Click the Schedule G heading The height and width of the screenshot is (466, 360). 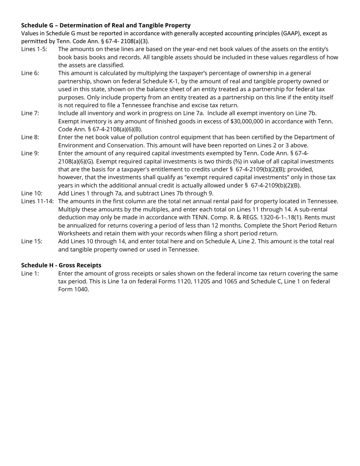point(106,25)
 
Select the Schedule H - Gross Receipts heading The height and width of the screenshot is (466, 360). point(61,265)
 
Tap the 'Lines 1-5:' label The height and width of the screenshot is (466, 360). point(34,49)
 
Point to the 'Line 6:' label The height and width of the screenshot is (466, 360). point(30,73)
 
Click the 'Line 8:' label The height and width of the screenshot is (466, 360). point(30,137)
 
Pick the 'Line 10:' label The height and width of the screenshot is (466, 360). point(31,193)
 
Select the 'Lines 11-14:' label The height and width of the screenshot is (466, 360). point(37,201)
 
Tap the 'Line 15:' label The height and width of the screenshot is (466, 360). point(31,241)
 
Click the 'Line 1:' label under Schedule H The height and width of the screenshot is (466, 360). point(30,274)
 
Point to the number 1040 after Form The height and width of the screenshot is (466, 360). point(81,289)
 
